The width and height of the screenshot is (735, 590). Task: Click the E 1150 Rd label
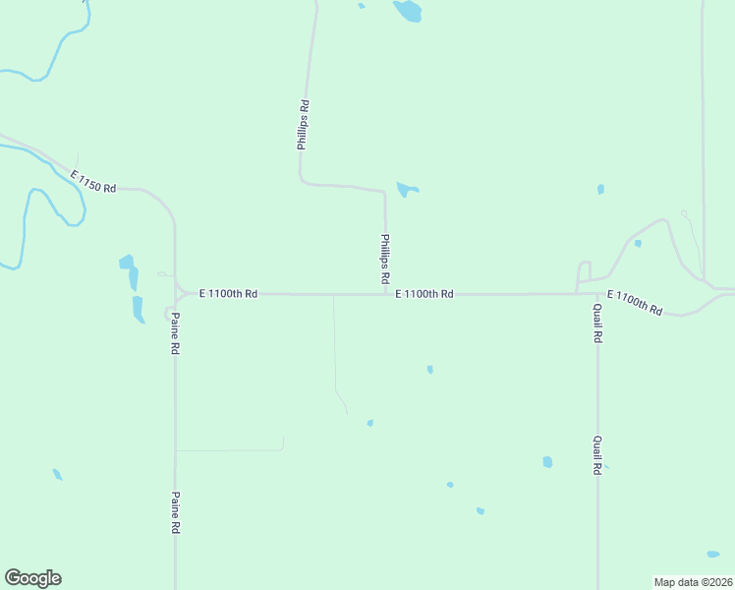pyautogui.click(x=93, y=181)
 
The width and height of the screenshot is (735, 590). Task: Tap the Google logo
pyautogui.click(x=32, y=578)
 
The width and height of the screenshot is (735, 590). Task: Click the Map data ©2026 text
pyautogui.click(x=693, y=581)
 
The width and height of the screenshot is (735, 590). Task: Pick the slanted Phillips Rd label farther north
pyautogui.click(x=304, y=124)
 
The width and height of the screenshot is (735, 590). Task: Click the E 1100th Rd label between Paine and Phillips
pyautogui.click(x=228, y=293)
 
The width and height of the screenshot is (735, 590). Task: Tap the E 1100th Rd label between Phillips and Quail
pyautogui.click(x=424, y=293)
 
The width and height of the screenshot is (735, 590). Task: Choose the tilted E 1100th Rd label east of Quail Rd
pyautogui.click(x=634, y=303)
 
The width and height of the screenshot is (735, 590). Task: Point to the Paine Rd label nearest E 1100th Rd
pyautogui.click(x=175, y=333)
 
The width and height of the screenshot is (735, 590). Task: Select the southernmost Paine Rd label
pyautogui.click(x=175, y=512)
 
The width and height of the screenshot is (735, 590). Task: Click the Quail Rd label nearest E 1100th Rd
pyautogui.click(x=596, y=322)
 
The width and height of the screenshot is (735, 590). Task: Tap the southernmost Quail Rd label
pyautogui.click(x=596, y=456)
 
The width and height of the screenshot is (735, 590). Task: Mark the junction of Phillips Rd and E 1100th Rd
pyautogui.click(x=385, y=293)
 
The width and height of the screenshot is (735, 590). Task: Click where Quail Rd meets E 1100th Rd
pyautogui.click(x=596, y=293)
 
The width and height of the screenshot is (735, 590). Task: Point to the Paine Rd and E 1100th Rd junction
pyautogui.click(x=176, y=293)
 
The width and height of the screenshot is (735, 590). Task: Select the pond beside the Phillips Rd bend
pyautogui.click(x=406, y=188)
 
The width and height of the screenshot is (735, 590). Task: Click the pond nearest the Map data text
pyautogui.click(x=712, y=555)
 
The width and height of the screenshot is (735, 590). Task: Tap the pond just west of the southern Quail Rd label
pyautogui.click(x=547, y=462)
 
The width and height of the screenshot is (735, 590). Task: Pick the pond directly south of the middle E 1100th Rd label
pyautogui.click(x=429, y=370)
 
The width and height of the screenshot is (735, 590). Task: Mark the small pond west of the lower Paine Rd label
pyautogui.click(x=57, y=474)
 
